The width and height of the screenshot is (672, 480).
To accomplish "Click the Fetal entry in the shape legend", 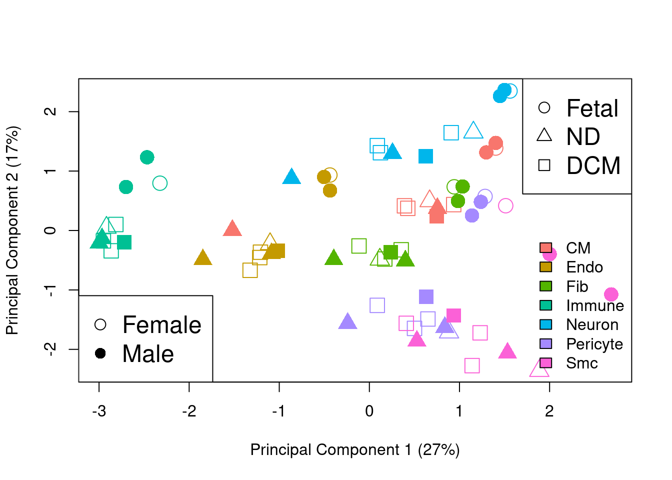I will coord(592,108).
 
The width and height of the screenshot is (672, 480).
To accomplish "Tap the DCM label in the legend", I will coord(593,165).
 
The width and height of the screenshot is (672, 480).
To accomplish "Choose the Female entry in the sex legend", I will coord(161,325).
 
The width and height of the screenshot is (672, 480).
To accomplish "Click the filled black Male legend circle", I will coord(100,353).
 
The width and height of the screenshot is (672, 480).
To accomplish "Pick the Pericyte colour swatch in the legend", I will coord(545,343).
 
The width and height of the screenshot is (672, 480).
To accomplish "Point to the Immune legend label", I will coord(594,305).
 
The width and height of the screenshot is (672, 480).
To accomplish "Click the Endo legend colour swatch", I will coord(545,267).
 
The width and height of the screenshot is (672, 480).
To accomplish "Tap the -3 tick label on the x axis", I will coord(99,411).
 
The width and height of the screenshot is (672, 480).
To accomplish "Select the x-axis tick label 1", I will coord(459,411).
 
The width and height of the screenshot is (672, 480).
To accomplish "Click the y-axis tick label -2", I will coord(50,349).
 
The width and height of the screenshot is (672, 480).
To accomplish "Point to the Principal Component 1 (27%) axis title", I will coord(355,449).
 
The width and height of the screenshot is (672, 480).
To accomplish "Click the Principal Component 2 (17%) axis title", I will coord(12,230).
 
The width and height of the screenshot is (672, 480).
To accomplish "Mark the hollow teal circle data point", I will coord(159,183).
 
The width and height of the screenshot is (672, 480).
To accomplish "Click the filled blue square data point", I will coord(425,156).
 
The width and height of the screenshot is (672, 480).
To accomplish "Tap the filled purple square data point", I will coord(426,296).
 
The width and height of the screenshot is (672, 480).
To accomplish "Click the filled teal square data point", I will coord(124,242).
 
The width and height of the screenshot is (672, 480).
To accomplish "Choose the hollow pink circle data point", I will coord(505,205).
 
